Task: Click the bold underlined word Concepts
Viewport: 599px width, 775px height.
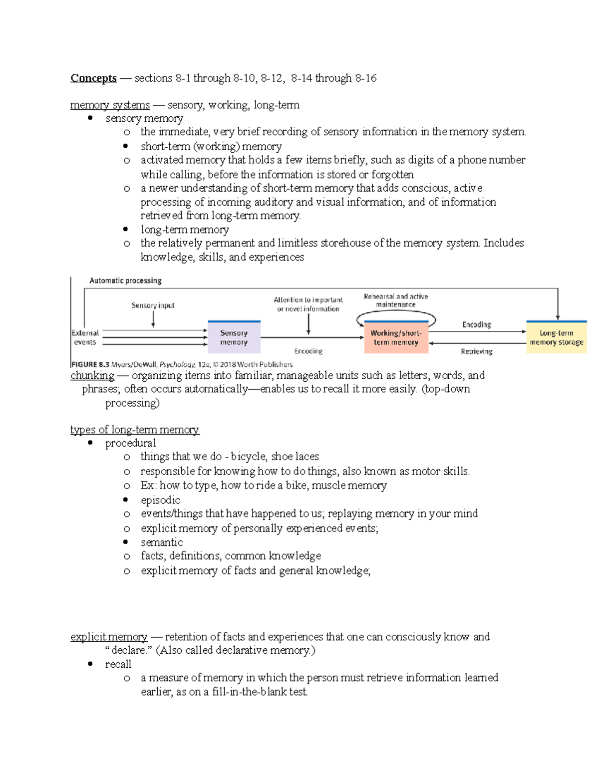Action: [x=93, y=78]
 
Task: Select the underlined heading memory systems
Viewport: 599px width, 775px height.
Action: [x=110, y=105]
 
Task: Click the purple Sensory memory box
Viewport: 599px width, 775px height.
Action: [x=234, y=338]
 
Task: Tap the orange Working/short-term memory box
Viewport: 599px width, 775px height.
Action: [x=396, y=338]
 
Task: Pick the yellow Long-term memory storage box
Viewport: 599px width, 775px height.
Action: [x=556, y=338]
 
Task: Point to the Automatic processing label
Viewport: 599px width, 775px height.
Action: [x=125, y=281]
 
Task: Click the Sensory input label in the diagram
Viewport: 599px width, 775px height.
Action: [x=153, y=305]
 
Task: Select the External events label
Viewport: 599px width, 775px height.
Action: [x=85, y=338]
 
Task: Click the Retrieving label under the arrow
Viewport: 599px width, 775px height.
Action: [x=476, y=352]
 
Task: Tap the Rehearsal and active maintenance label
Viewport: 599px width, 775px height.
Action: [x=396, y=300]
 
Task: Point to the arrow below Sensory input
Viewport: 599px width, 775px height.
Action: [x=153, y=319]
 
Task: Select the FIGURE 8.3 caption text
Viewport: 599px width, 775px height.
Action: [x=182, y=365]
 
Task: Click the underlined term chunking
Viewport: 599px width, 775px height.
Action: [x=92, y=375]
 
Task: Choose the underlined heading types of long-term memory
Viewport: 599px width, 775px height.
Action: [x=134, y=430]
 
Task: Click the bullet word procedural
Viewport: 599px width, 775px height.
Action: [x=130, y=443]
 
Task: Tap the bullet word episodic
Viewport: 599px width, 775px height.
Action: [x=160, y=500]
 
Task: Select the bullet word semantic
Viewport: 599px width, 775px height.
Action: [x=162, y=542]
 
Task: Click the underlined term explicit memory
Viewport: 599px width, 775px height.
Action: [x=109, y=637]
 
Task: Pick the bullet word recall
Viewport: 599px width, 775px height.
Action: [x=118, y=665]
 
